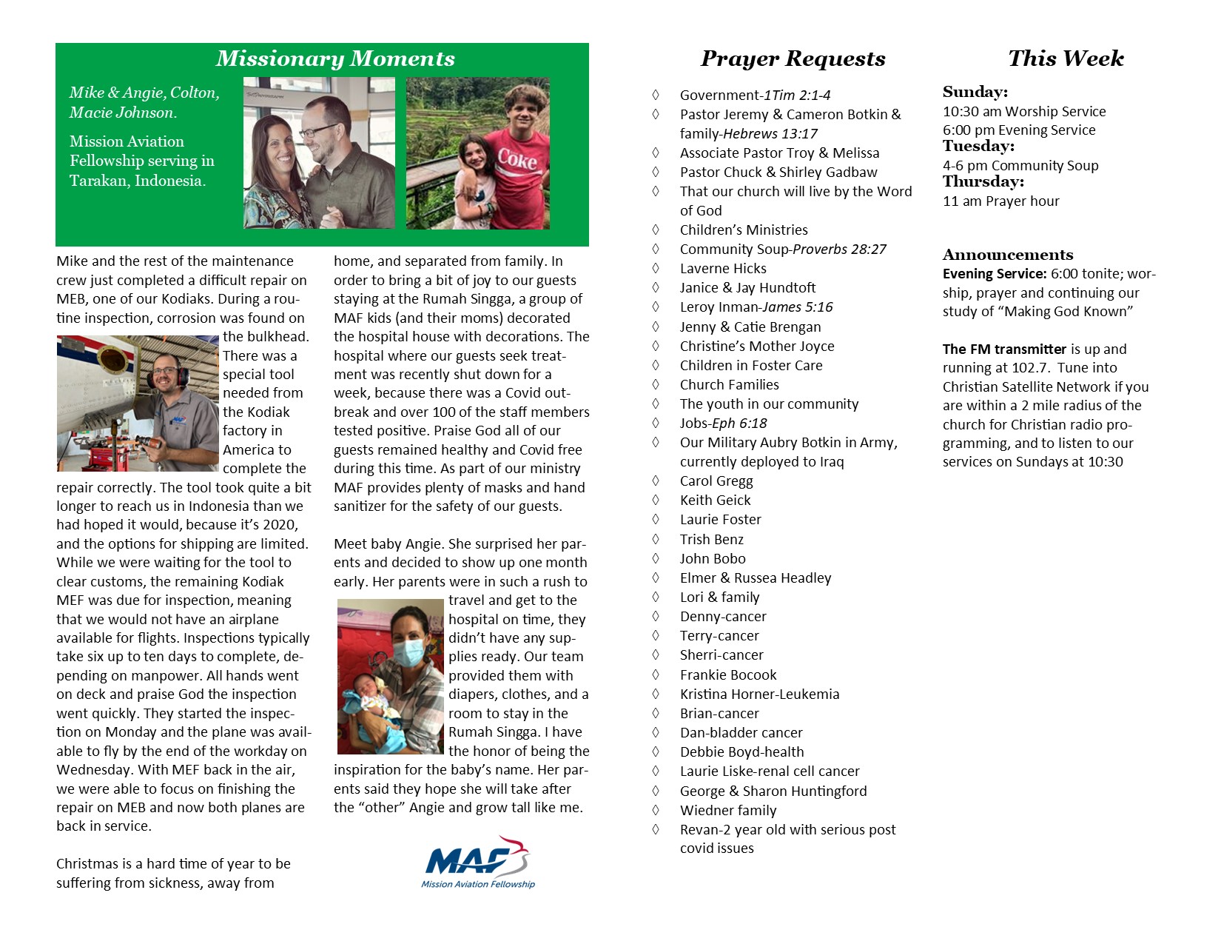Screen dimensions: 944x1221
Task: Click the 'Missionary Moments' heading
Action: pos(335,58)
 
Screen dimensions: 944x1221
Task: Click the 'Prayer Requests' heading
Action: pos(793,58)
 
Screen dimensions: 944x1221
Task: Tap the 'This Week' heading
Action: pos(1066,58)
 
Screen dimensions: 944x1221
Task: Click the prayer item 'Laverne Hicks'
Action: pos(723,269)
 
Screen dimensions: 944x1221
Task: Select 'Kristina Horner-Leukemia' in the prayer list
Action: pos(759,694)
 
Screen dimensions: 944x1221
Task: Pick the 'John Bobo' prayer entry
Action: pos(713,559)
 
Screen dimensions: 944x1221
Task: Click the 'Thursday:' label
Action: pos(983,182)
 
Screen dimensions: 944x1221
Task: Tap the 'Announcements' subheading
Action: pos(1007,255)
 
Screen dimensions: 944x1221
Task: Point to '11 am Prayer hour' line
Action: pos(1000,201)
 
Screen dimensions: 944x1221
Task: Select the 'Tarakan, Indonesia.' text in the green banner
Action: pos(138,181)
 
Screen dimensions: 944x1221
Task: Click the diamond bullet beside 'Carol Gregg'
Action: pos(656,481)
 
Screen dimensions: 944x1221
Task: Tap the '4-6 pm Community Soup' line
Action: pos(1020,166)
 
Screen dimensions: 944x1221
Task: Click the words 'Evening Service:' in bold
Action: pos(994,274)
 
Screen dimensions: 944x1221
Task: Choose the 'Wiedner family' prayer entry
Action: pos(728,811)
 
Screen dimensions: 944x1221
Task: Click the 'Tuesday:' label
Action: pos(978,147)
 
